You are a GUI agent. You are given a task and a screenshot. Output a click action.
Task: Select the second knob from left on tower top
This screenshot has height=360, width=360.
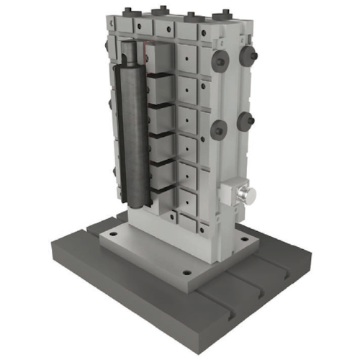(158, 12)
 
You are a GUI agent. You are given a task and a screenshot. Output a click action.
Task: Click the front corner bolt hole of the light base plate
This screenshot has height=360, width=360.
(186, 274)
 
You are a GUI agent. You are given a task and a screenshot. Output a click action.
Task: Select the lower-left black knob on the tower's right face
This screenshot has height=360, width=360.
(219, 129)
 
